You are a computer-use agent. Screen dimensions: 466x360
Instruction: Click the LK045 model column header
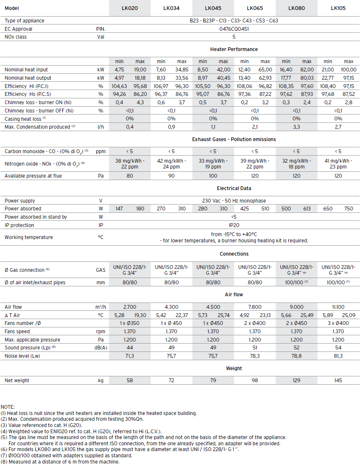[x=213, y=8]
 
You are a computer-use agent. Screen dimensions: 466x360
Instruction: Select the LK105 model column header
[x=338, y=8]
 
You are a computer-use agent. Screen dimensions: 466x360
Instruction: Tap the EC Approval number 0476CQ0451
[x=234, y=29]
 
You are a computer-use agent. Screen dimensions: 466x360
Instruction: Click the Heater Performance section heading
[x=234, y=49]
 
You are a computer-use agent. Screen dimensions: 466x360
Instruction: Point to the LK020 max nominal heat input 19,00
[x=140, y=70]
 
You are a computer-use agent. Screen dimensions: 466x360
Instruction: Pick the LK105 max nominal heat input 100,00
[x=348, y=70]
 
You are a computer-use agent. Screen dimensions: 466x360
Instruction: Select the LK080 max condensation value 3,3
[x=297, y=127]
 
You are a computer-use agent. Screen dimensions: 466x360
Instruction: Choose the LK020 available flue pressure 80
[x=130, y=176]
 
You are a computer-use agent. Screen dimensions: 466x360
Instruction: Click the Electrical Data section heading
[x=234, y=188]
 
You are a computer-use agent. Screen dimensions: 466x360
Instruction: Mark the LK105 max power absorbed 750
[x=348, y=209]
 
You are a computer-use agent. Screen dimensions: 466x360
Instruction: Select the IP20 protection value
[x=234, y=225]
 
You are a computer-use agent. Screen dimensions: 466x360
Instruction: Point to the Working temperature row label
[x=29, y=237]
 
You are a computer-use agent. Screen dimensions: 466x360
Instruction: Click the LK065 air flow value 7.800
[x=255, y=307]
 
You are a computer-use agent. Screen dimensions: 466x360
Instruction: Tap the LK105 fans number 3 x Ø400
[x=338, y=323]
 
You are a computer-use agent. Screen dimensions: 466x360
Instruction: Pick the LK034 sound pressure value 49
[x=171, y=348]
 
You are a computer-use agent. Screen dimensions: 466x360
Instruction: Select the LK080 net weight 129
[x=297, y=381]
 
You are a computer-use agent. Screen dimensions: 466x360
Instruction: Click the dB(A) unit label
[x=101, y=348]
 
